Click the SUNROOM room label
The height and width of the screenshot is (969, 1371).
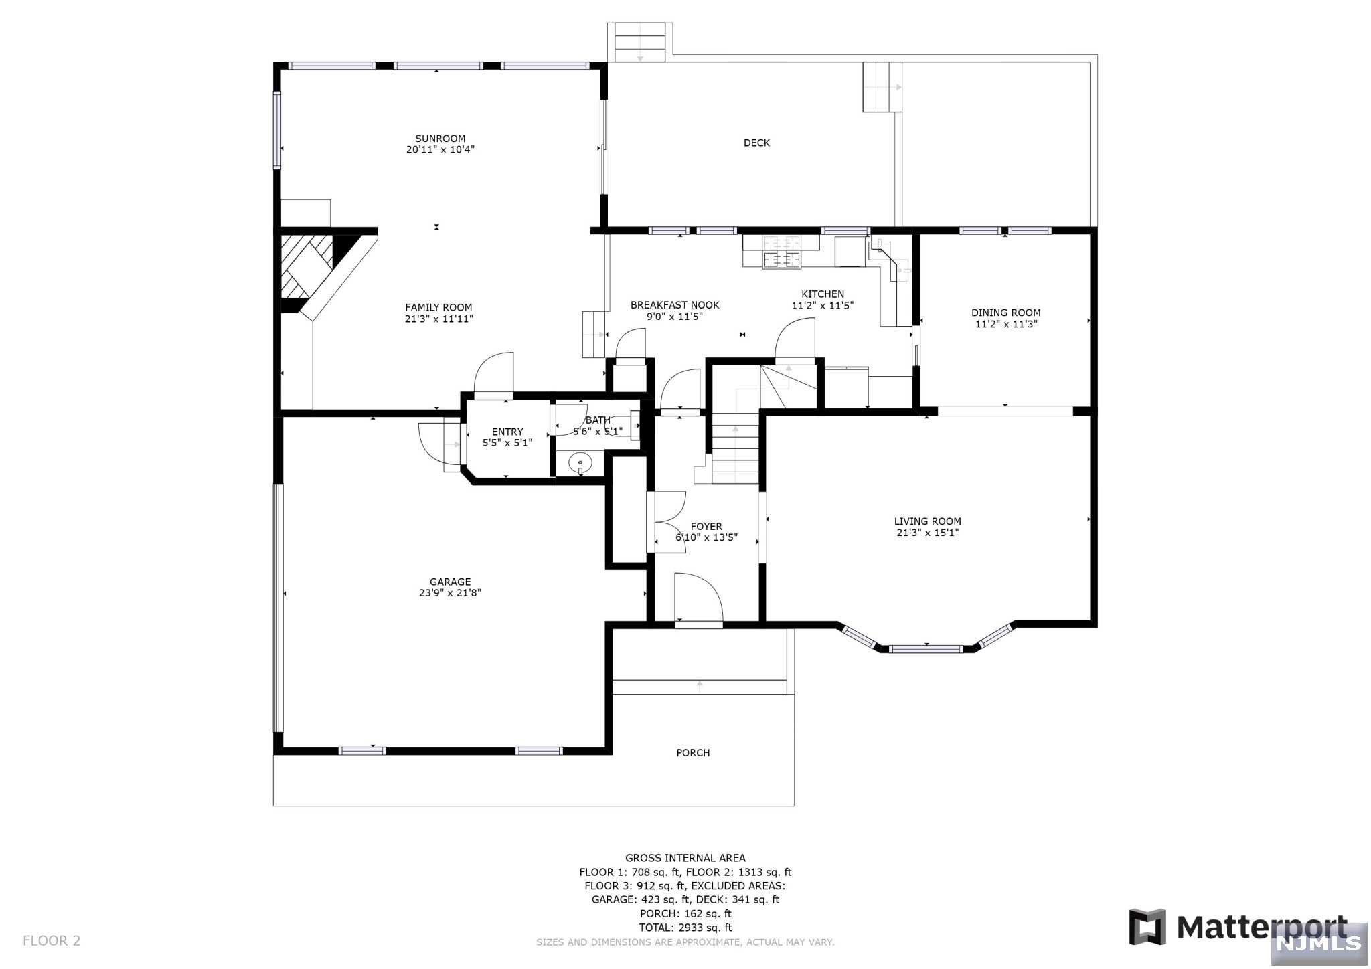(440, 139)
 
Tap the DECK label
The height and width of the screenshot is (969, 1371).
(756, 143)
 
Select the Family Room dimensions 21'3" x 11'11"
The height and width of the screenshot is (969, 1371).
(438, 319)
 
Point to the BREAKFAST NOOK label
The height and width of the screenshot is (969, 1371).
(675, 305)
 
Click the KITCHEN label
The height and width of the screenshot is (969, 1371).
(823, 294)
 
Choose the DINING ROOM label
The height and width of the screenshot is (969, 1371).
(1005, 313)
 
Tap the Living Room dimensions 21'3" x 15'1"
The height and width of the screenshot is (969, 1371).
(927, 533)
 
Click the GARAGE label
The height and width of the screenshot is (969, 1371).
(450, 582)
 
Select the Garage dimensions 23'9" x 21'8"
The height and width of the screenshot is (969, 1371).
(450, 592)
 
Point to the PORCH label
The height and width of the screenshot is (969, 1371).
(693, 753)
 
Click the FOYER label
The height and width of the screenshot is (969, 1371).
(706, 527)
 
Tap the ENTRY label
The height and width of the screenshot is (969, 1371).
(507, 432)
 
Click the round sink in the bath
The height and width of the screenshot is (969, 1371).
(580, 462)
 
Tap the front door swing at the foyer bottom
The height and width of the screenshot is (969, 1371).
(698, 598)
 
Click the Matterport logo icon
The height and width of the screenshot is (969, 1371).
(1147, 927)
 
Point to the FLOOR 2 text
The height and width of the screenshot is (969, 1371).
(52, 941)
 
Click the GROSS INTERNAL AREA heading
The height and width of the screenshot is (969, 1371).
(685, 858)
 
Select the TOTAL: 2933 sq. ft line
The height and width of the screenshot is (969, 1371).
(685, 928)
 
